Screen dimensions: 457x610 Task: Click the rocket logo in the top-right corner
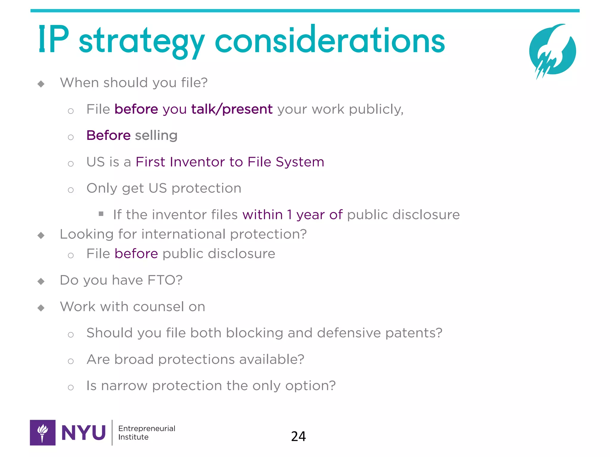tap(553, 51)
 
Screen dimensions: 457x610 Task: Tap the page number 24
tap(298, 436)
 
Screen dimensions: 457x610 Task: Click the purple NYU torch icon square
tap(43, 433)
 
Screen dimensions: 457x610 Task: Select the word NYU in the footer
tap(83, 433)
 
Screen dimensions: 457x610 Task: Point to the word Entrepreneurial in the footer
tap(147, 428)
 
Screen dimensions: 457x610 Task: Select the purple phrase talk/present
tap(232, 109)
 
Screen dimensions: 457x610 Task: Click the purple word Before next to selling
tap(108, 135)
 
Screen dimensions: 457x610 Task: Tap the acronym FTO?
tap(165, 280)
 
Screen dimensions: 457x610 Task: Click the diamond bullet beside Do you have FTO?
tap(41, 281)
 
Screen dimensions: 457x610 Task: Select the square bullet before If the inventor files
tap(101, 214)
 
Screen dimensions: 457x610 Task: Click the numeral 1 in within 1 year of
tap(290, 215)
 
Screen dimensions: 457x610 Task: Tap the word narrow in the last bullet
tap(124, 386)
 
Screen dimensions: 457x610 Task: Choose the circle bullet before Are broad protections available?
tap(71, 361)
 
